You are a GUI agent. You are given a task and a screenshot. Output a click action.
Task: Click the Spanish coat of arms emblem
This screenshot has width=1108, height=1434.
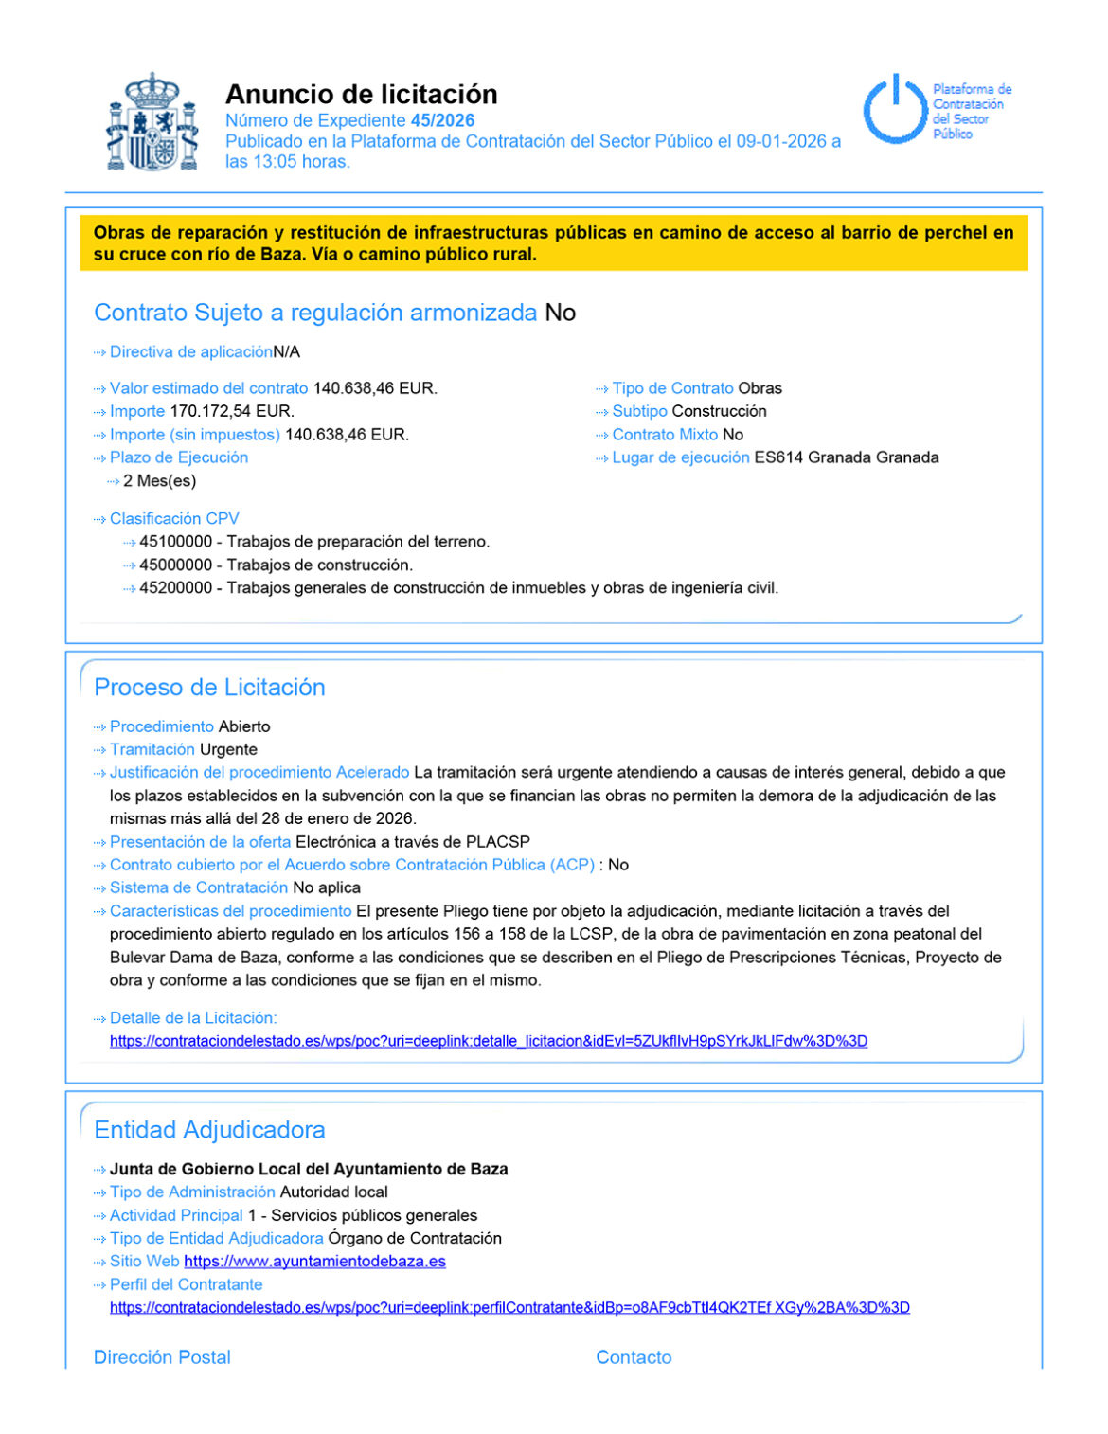pyautogui.click(x=152, y=122)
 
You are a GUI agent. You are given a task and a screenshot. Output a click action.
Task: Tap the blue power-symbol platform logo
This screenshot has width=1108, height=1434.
pyautogui.click(x=893, y=110)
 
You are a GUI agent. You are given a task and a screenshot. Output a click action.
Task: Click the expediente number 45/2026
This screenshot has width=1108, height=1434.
pyautogui.click(x=442, y=120)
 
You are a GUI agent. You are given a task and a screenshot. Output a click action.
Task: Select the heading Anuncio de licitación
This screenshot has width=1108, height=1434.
pyautogui.click(x=361, y=94)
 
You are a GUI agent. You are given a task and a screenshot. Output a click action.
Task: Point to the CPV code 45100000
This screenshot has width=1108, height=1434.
pyautogui.click(x=175, y=542)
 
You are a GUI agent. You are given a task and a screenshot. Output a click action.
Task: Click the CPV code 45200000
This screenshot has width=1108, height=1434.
pyautogui.click(x=175, y=588)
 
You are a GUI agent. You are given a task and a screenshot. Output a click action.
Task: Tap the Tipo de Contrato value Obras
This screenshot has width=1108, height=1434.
pyautogui.click(x=760, y=388)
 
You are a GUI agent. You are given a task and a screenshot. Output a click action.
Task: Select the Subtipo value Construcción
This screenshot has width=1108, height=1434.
pyautogui.click(x=719, y=411)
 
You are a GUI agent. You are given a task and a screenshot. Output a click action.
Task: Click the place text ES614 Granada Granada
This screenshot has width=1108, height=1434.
pyautogui.click(x=846, y=457)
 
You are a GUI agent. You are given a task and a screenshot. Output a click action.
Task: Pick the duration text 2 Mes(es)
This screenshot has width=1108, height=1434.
pyautogui.click(x=159, y=481)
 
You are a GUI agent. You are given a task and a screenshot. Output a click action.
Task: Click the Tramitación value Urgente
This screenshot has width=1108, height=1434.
pyautogui.click(x=228, y=749)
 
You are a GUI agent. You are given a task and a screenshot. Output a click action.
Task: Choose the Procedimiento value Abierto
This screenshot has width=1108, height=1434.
pyautogui.click(x=244, y=726)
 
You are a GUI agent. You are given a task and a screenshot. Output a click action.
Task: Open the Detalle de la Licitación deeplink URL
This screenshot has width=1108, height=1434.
pyautogui.click(x=488, y=1041)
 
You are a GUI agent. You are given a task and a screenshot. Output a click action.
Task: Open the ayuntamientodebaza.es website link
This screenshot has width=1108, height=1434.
pyautogui.click(x=314, y=1262)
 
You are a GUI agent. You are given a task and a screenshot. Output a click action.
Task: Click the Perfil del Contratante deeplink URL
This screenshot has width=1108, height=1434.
pyautogui.click(x=509, y=1308)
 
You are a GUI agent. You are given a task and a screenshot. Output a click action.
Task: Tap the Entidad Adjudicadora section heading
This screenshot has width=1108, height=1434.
pyautogui.click(x=209, y=1130)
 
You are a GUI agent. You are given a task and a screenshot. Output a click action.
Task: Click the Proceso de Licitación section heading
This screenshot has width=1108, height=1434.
pyautogui.click(x=209, y=688)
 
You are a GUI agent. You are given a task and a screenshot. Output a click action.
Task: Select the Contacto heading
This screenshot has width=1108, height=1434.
pyautogui.click(x=634, y=1357)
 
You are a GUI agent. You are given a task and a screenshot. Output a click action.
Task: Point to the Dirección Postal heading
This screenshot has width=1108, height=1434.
pyautogui.click(x=162, y=1357)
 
